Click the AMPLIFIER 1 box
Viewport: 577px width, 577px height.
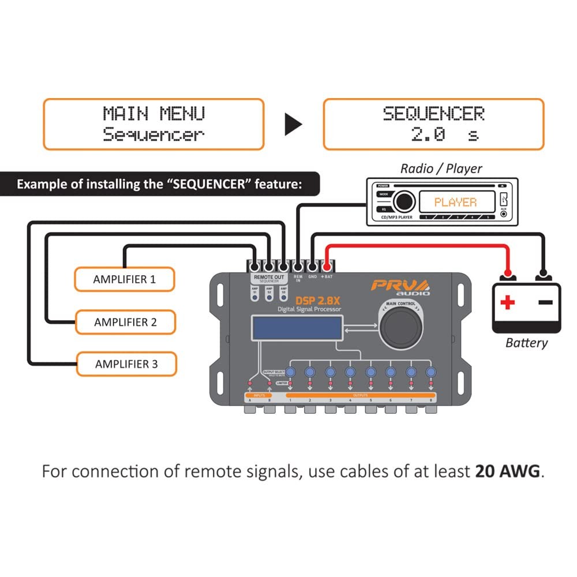124,279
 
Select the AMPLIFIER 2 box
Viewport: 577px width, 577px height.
125,322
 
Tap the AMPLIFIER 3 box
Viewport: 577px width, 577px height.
126,364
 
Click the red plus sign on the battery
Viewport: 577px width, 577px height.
507,302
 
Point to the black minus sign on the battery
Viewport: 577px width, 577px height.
545,302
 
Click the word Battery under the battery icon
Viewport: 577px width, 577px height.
526,343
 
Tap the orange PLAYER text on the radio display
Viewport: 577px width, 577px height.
455,203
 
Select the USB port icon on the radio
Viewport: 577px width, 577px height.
504,200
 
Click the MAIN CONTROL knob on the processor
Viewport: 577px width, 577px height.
400,329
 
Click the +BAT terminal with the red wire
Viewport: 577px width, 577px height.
327,267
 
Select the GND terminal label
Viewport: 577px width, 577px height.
312,278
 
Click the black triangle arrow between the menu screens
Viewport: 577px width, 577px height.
294,124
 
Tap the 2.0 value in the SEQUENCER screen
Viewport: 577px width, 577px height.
428,135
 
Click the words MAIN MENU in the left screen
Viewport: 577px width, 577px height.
153,113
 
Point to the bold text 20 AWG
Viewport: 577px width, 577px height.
508,471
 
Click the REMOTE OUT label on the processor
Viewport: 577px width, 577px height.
269,278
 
